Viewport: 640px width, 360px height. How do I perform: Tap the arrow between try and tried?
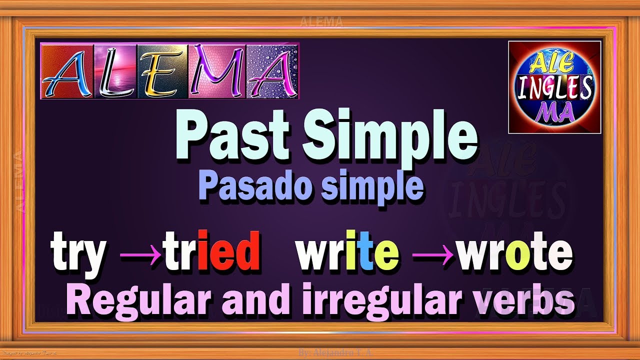pos(138,254)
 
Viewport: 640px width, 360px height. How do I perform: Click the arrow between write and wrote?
pos(432,254)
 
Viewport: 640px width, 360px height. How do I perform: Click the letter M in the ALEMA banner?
pos(216,71)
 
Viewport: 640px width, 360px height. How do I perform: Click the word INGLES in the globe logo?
pos(554,88)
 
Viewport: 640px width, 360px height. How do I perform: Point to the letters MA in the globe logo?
pos(554,113)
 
